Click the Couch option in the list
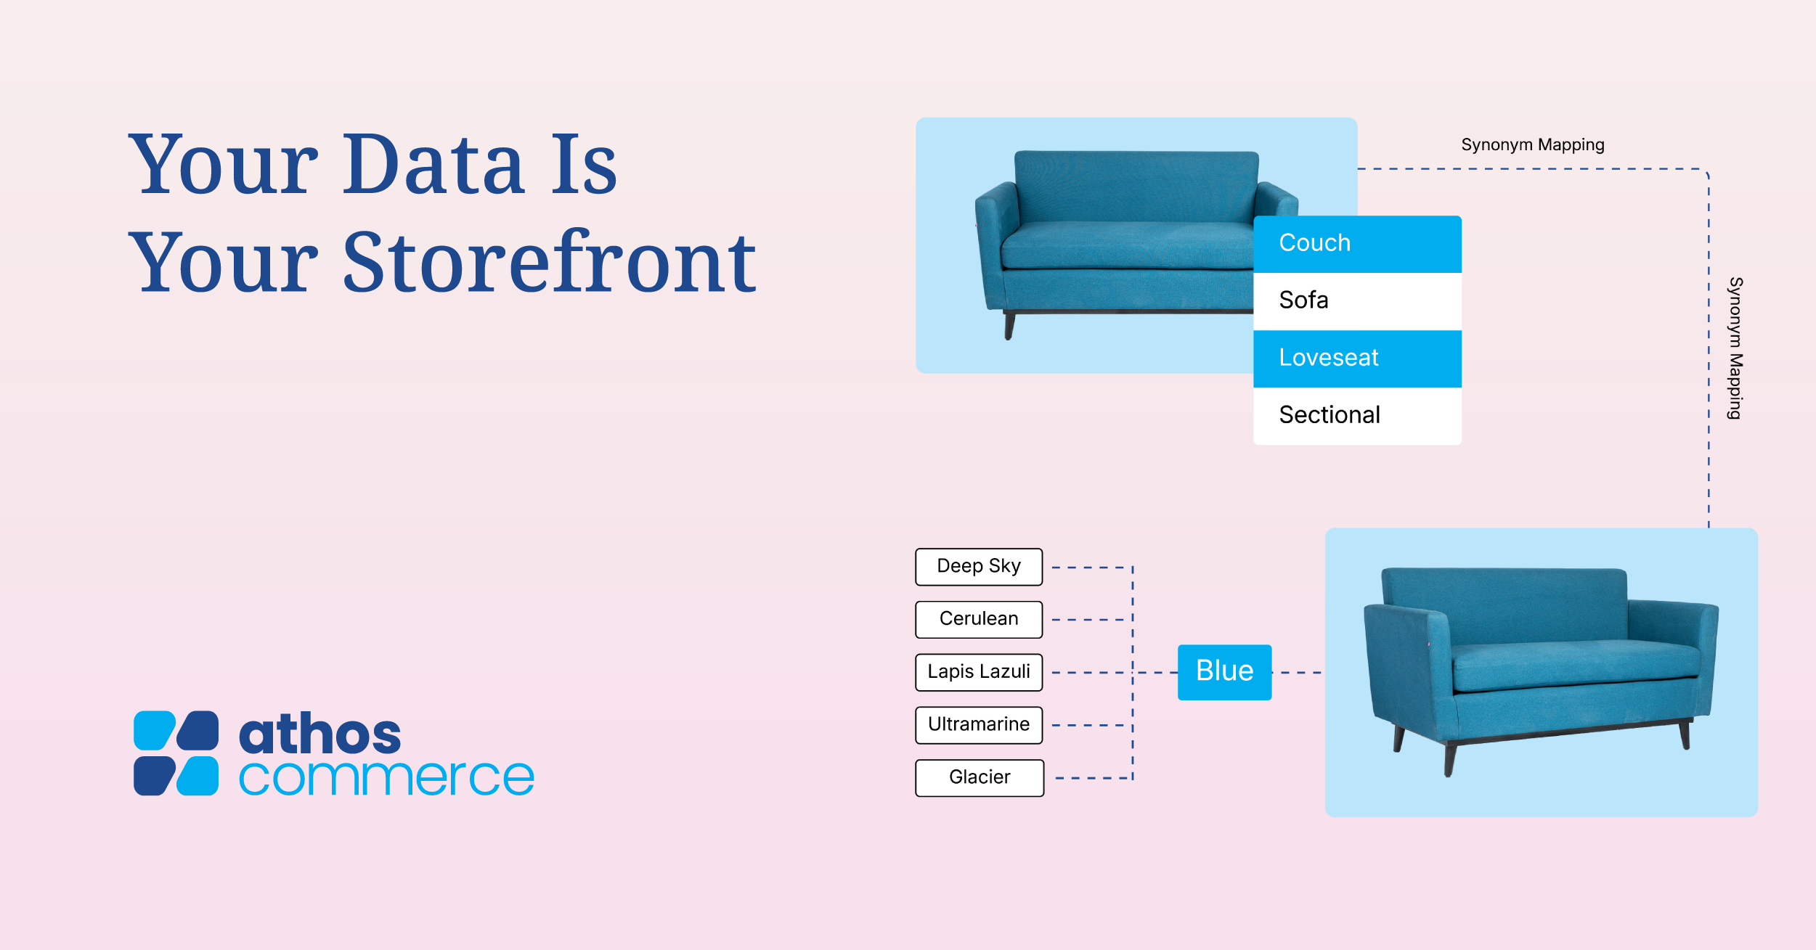coord(1356,244)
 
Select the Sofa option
coord(1356,300)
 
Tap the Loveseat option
coord(1356,358)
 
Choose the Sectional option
coord(1356,415)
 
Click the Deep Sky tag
coord(978,566)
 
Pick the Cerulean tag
coord(978,619)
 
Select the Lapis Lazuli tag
coord(978,672)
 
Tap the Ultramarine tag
coord(978,724)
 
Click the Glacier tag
coord(979,777)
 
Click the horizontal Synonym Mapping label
coord(1532,145)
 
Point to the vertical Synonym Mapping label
coord(1735,348)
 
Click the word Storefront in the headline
coord(549,263)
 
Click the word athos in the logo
coord(319,734)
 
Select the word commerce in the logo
coord(386,777)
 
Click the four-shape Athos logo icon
coord(176,753)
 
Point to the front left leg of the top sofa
coord(1009,327)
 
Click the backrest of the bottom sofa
coord(1503,602)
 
